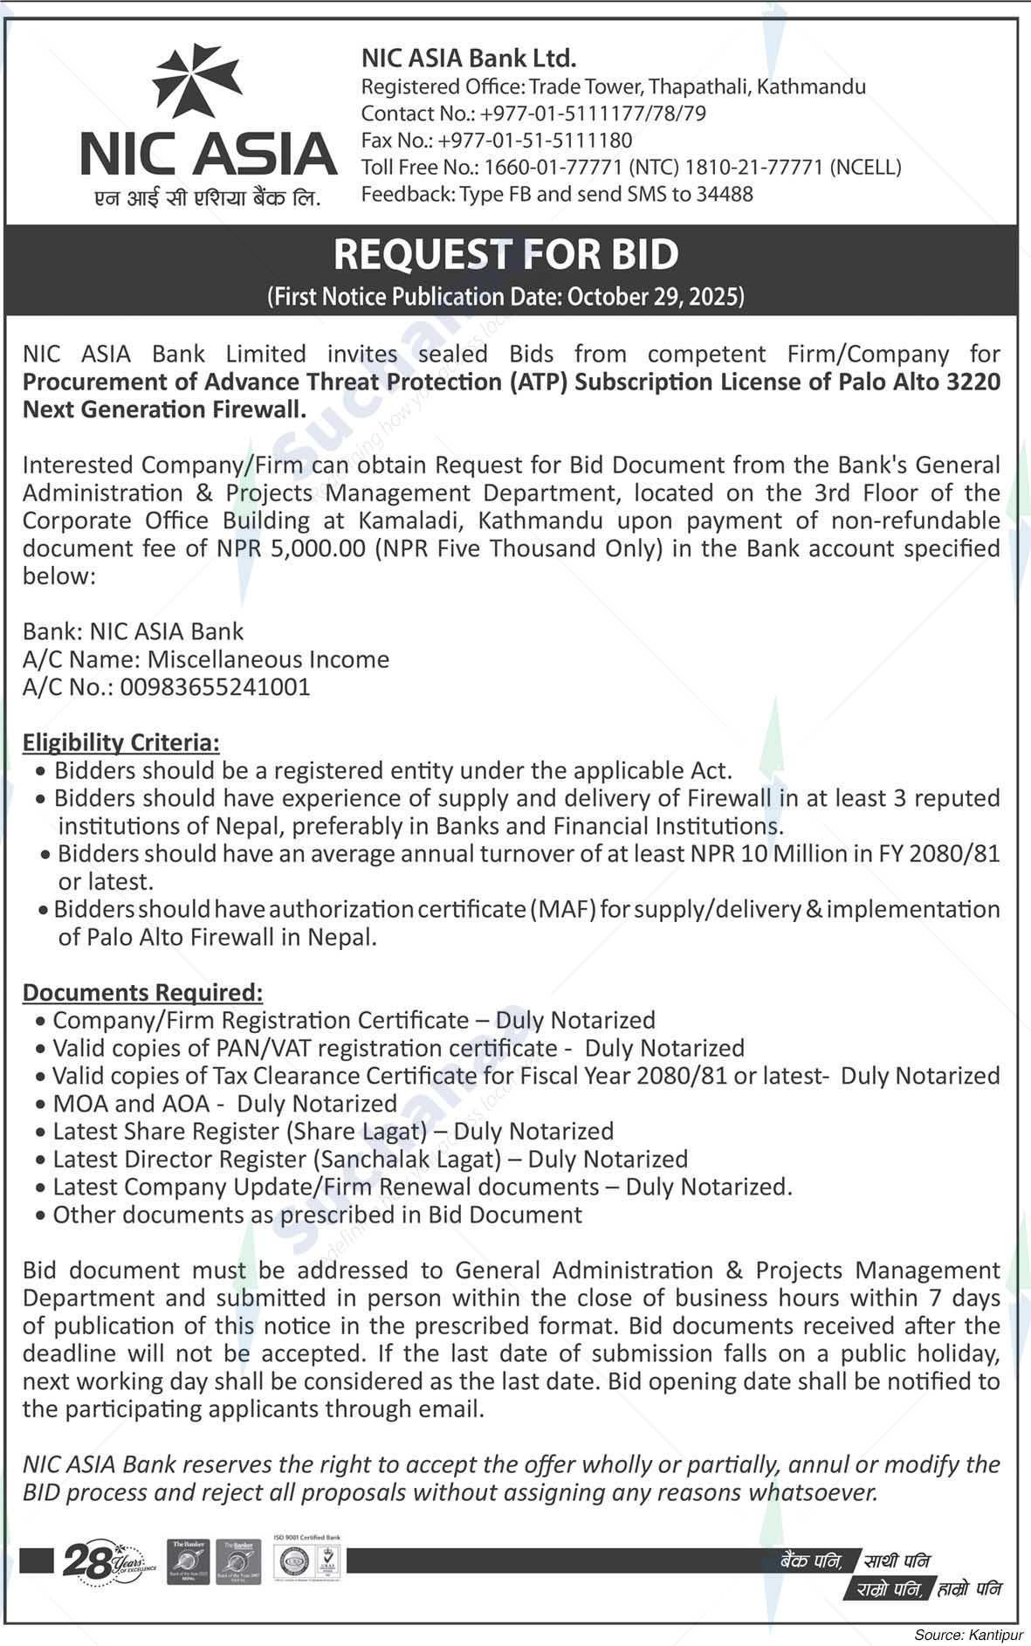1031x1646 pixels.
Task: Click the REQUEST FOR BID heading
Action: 506,254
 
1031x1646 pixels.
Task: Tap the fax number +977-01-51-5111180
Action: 535,141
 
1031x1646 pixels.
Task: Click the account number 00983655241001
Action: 215,687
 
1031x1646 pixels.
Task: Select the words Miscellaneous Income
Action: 268,659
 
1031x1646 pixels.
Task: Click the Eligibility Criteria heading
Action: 120,742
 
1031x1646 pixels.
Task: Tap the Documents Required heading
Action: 142,992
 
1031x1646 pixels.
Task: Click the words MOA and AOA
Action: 132,1104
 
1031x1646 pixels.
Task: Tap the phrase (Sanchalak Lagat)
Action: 407,1160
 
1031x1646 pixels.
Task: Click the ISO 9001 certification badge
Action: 307,1560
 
